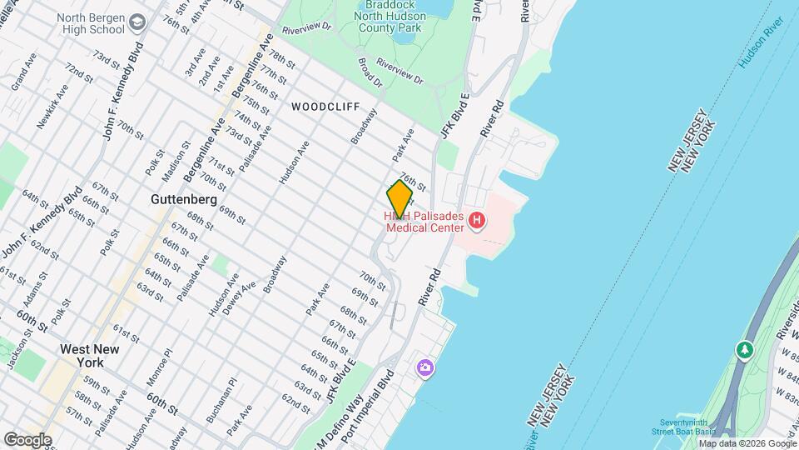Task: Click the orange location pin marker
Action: click(x=399, y=199)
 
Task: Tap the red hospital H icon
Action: click(x=477, y=221)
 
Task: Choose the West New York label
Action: click(x=82, y=356)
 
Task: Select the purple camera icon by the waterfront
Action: click(x=425, y=367)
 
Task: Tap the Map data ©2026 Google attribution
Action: click(x=746, y=442)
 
